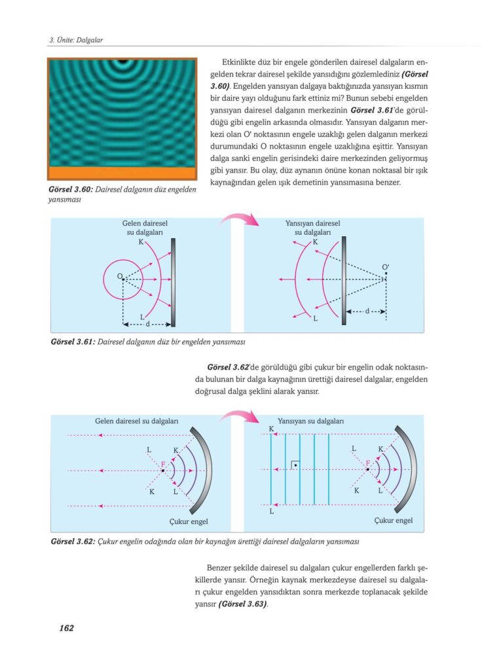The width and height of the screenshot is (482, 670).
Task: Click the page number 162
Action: [x=65, y=628]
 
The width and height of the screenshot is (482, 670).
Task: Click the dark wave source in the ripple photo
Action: [x=122, y=62]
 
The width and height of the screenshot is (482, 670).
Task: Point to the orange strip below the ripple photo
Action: [x=122, y=173]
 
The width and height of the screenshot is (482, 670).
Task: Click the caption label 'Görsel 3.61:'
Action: [x=72, y=342]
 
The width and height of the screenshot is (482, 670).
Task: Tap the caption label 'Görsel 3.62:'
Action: [x=72, y=542]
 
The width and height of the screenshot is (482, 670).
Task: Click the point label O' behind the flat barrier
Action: [x=386, y=267]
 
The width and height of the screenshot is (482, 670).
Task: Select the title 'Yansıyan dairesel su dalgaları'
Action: [x=312, y=228]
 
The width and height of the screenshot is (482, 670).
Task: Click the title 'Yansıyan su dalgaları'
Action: [x=311, y=422]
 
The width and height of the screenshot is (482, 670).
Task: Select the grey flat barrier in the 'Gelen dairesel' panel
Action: [x=174, y=281]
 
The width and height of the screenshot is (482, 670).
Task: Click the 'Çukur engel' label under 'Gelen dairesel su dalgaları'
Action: [x=181, y=521]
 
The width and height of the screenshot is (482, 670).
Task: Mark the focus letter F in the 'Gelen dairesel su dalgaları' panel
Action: [x=163, y=464]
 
